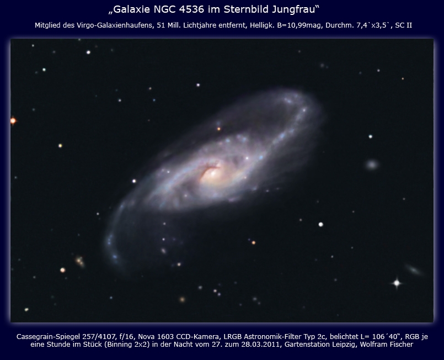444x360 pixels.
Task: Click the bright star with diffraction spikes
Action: (397, 283)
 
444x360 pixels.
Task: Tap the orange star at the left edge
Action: (13, 121)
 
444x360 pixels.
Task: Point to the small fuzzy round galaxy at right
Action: (372, 165)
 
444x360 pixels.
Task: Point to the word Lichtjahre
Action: (200, 25)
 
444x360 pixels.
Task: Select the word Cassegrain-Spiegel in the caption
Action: (49, 337)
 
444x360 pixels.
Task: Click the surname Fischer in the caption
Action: (400, 345)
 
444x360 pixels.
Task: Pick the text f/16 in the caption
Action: (126, 337)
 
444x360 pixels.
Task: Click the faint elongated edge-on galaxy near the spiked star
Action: (414, 270)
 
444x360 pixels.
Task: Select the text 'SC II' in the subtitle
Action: (404, 25)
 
